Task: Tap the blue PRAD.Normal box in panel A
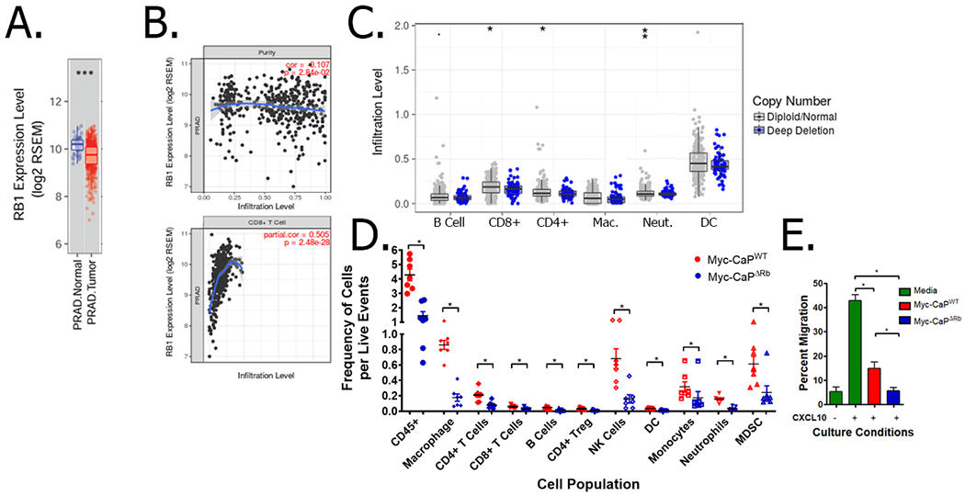[x=77, y=145]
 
